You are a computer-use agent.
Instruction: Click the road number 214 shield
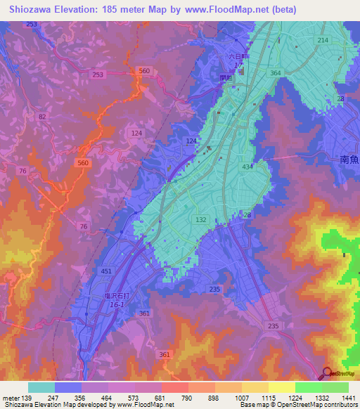[322, 41]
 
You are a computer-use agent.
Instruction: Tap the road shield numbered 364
[276, 73]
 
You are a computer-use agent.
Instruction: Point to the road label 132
[200, 220]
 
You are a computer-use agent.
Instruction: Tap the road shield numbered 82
[43, 117]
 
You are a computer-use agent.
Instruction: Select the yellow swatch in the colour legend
[281, 387]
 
